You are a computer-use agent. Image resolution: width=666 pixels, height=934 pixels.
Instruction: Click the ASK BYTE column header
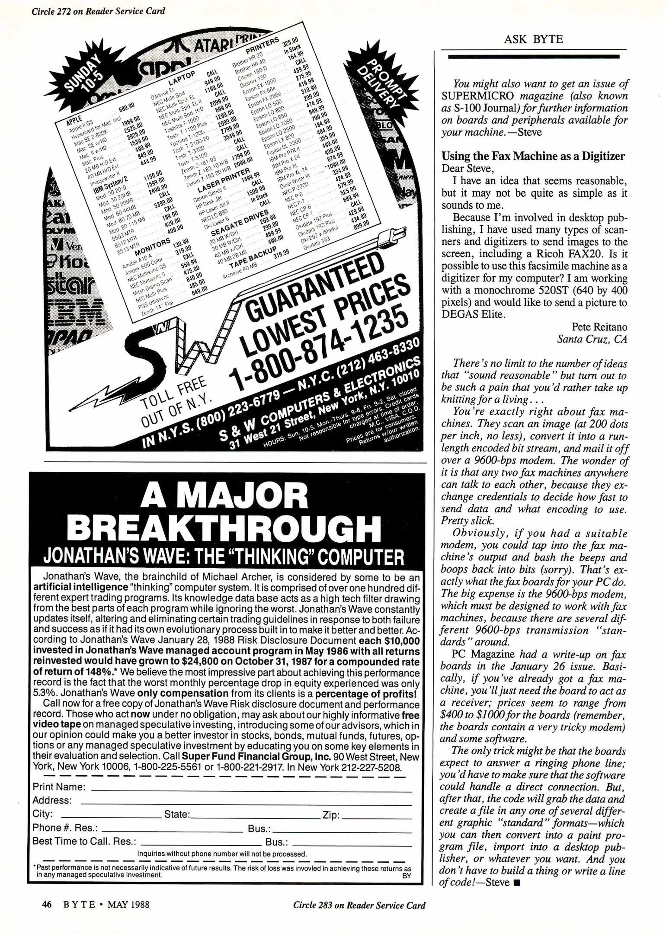coord(533,39)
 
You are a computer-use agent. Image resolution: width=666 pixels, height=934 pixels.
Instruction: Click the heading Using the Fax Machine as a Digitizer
coord(533,156)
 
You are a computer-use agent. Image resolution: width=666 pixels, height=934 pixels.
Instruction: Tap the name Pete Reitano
coord(599,327)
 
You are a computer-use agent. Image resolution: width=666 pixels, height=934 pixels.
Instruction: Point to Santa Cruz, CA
coord(592,339)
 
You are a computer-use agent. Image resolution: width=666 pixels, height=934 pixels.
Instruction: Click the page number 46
coord(47,904)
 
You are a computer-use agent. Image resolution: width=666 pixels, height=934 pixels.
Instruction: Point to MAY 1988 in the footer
coord(128,905)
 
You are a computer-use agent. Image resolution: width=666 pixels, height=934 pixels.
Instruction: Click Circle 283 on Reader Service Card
coord(359,905)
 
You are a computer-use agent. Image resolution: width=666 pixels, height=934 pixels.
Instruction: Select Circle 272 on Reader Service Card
coord(98,11)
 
